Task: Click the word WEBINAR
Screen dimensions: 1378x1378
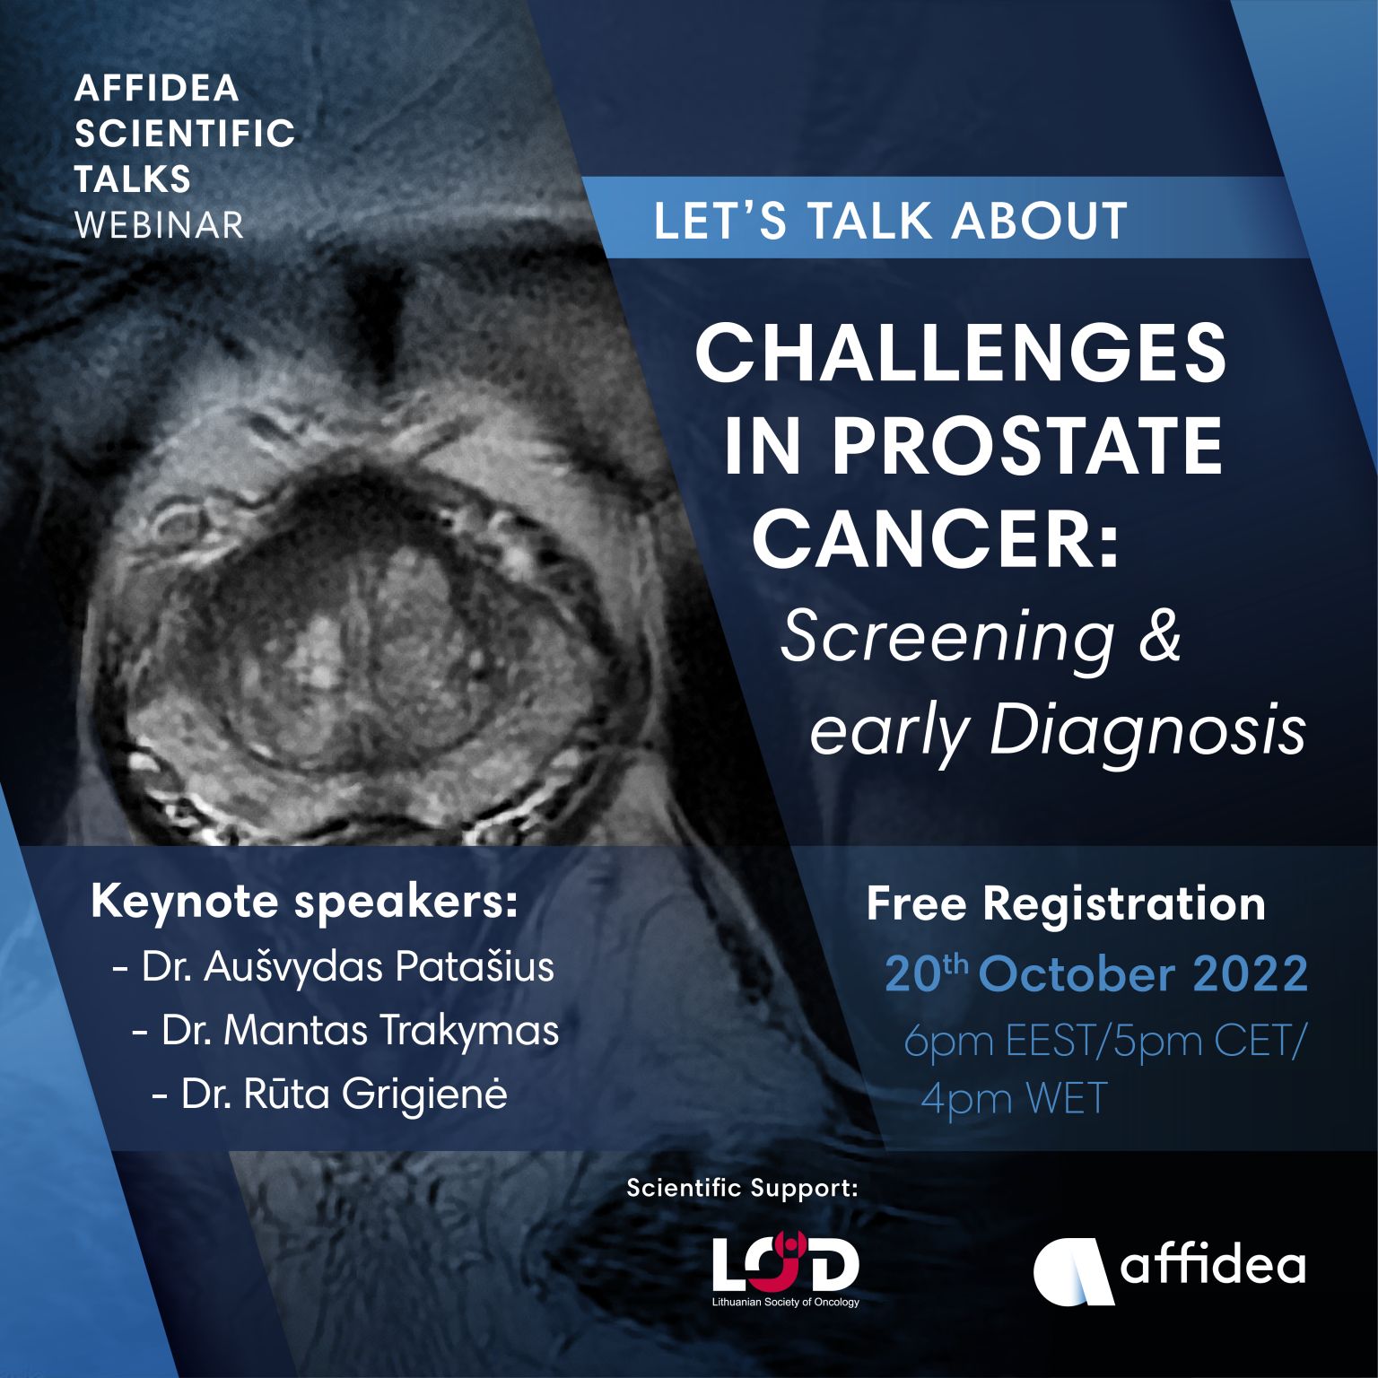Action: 159,224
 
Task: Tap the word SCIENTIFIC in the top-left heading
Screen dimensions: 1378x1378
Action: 185,134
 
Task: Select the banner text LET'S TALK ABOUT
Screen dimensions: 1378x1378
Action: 890,221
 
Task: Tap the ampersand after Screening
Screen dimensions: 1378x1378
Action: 1159,636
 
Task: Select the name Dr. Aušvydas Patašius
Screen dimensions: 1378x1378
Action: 334,968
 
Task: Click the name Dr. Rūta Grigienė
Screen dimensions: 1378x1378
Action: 330,1095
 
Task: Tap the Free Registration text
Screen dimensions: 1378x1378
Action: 1066,904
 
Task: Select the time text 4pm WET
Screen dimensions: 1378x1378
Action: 1014,1099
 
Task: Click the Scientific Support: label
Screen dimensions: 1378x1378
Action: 743,1189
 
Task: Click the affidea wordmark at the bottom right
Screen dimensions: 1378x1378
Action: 1213,1265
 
